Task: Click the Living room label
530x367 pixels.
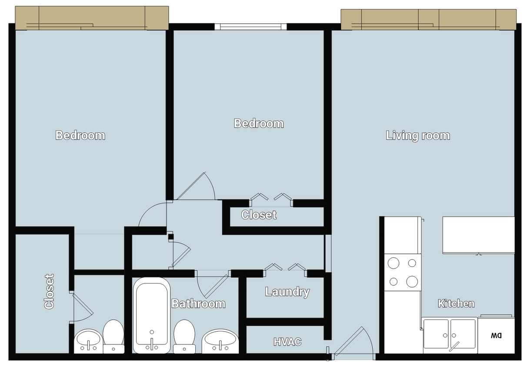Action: pos(418,136)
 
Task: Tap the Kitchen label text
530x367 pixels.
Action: pos(456,304)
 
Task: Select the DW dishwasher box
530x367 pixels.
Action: pos(496,336)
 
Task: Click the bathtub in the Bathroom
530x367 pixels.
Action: pos(151,315)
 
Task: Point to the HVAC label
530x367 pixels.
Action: pos(287,342)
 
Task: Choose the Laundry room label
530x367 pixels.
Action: pos(287,292)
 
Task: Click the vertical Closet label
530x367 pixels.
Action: pos(49,291)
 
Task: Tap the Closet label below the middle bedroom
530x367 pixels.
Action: pos(259,215)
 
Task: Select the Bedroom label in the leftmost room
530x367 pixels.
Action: pos(80,135)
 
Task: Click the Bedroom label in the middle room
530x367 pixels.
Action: pos(259,123)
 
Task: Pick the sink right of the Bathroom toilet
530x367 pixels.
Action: pos(221,340)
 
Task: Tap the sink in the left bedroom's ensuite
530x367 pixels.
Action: pos(89,340)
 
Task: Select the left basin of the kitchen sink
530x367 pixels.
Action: pos(436,334)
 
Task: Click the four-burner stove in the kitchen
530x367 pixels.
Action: pos(403,272)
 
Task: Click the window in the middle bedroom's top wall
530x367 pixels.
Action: pos(251,27)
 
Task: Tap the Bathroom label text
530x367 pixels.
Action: pos(198,304)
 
